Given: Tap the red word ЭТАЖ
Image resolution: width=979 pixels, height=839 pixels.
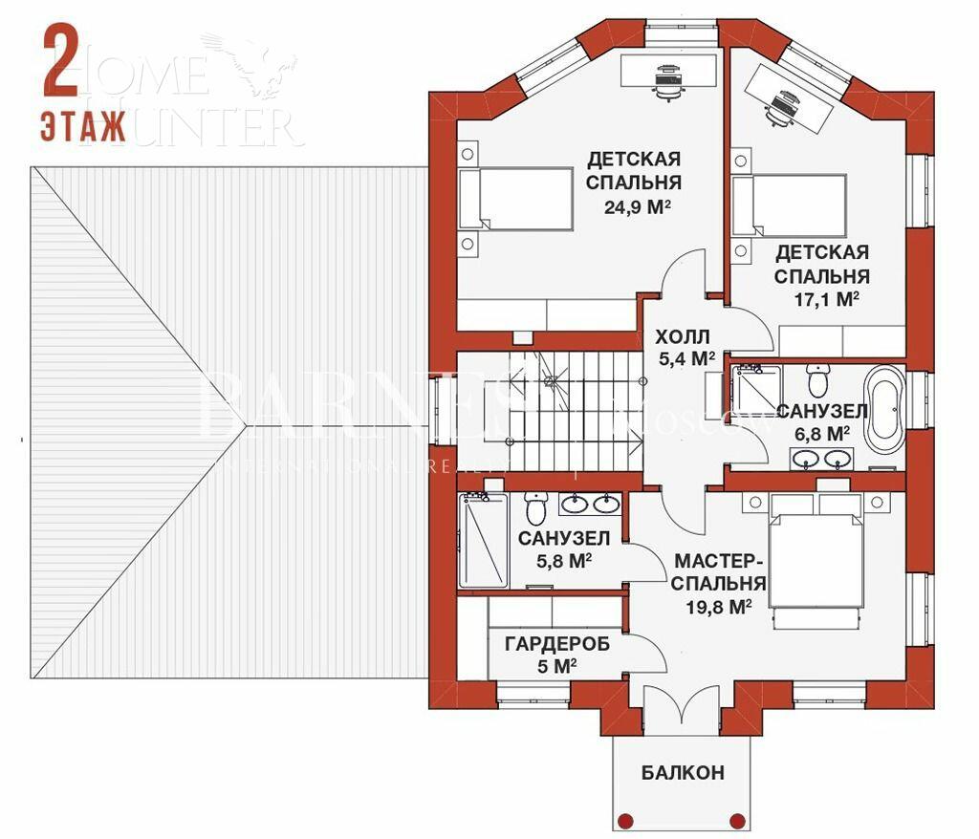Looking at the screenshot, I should click(x=83, y=126).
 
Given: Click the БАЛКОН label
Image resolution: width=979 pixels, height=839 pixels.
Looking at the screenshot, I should click(x=683, y=772).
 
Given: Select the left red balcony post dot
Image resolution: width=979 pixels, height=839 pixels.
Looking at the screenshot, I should click(x=626, y=820).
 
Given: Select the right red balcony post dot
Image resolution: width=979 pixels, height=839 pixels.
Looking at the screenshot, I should click(x=736, y=820).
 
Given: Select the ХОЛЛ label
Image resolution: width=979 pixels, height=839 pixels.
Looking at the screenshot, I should click(x=682, y=337).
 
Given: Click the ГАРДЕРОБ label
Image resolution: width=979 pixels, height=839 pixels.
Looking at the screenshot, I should click(x=556, y=644).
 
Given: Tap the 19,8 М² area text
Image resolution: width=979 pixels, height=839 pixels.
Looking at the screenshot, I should click(x=719, y=606).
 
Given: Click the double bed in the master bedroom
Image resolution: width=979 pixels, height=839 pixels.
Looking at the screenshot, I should click(x=817, y=564).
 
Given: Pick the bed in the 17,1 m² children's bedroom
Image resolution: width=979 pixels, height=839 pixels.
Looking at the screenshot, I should click(x=790, y=205).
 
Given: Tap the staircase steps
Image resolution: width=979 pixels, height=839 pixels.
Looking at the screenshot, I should click(x=574, y=410).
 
